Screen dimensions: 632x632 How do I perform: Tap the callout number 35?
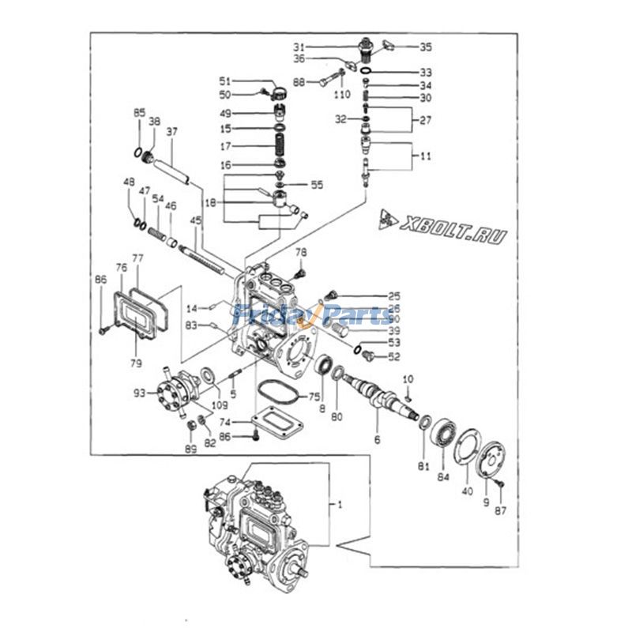click(425, 47)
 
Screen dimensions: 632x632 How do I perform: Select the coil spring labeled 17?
click(280, 146)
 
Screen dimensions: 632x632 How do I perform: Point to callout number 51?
click(225, 81)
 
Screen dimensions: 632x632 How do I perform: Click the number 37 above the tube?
click(171, 131)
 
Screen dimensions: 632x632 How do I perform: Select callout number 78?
click(300, 252)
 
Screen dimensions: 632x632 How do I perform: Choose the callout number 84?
click(442, 476)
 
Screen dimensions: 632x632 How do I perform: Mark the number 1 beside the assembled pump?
click(340, 503)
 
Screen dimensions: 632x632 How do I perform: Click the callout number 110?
click(341, 95)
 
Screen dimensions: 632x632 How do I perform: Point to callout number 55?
click(317, 185)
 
